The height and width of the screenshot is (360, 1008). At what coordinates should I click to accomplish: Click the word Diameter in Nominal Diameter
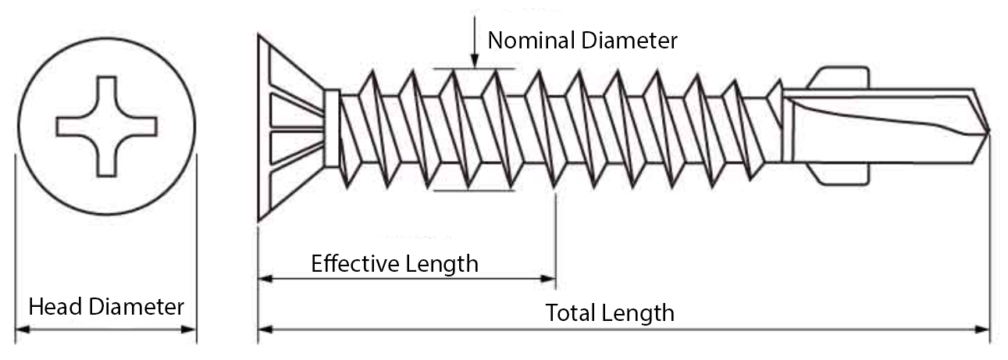point(630,41)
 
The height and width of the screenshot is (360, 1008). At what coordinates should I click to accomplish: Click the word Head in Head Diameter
point(55,307)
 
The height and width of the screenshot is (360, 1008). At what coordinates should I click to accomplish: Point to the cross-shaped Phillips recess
point(107,126)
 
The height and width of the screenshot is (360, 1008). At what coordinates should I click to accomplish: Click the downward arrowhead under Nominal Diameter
point(474,62)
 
